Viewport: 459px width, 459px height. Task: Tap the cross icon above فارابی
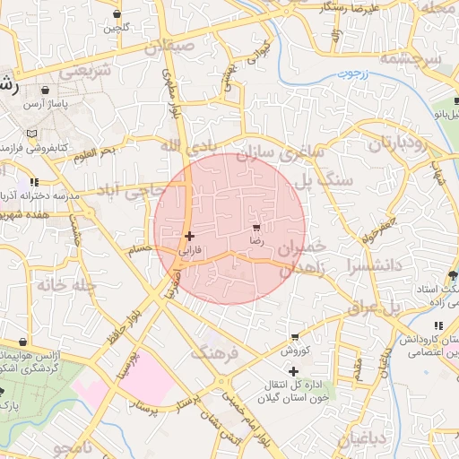(x=189, y=236)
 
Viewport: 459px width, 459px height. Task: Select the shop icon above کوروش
(x=292, y=337)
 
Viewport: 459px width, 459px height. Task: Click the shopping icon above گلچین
(x=118, y=14)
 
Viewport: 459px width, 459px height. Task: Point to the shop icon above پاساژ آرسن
(x=46, y=90)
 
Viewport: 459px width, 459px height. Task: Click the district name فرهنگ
(x=215, y=352)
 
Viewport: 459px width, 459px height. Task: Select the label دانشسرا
(x=363, y=265)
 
